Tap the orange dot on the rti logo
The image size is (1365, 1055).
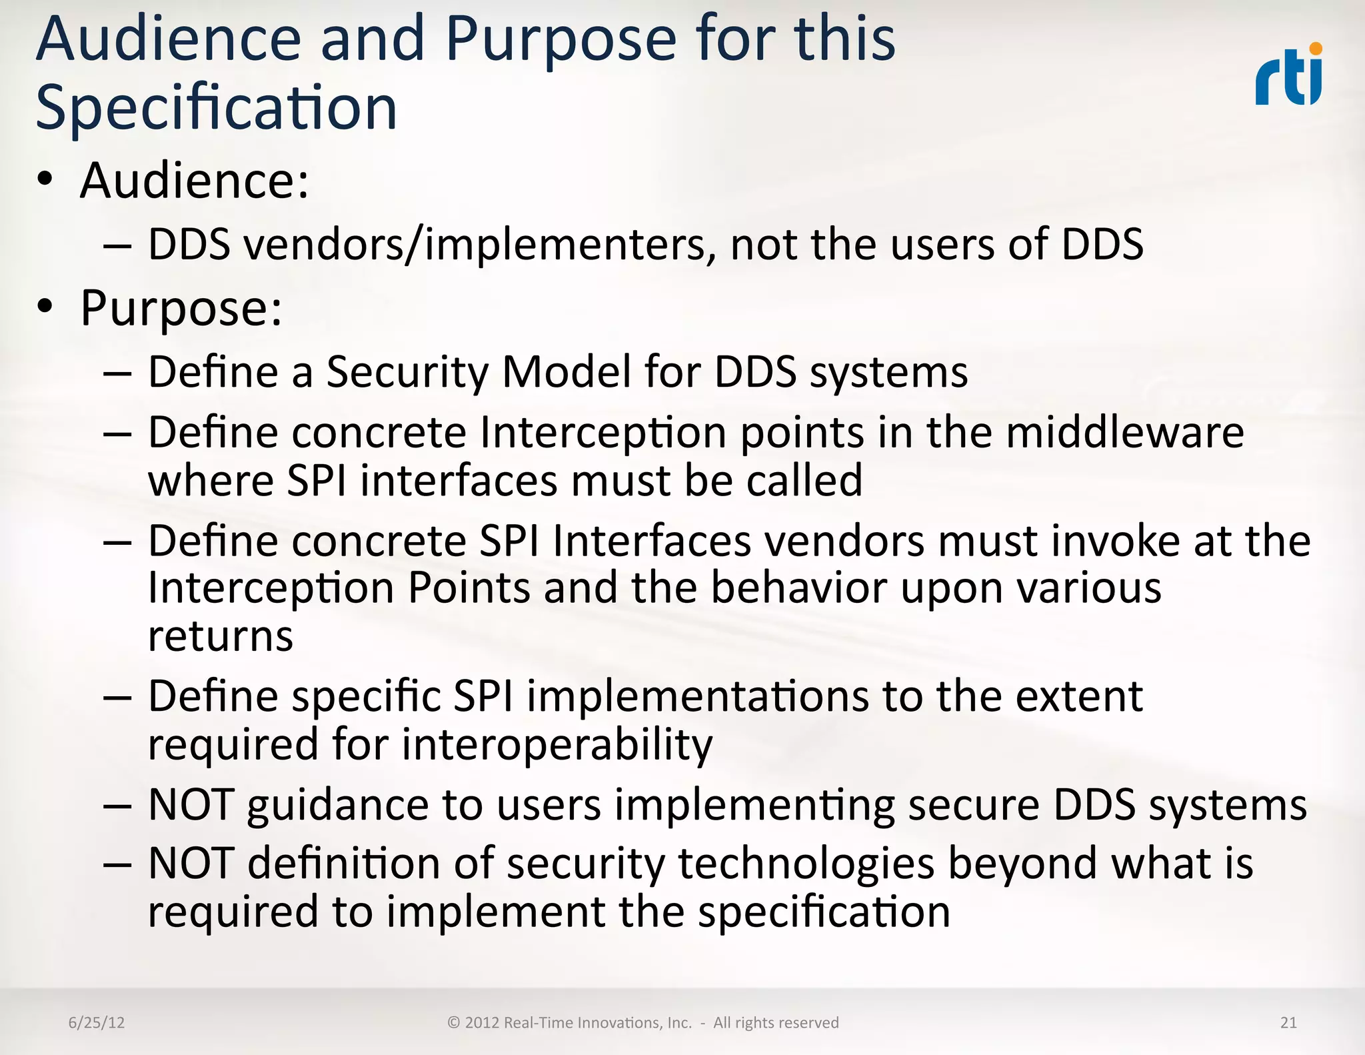(1315, 49)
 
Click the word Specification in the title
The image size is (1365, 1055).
(217, 108)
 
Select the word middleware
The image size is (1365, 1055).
(1124, 433)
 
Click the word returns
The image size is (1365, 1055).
(220, 636)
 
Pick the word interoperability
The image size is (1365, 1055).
(557, 745)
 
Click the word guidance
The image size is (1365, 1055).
(337, 806)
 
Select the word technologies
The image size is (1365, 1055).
(806, 864)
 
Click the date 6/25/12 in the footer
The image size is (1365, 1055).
(97, 1022)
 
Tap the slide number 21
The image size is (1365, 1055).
(1288, 1022)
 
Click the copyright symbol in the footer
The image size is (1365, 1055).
(454, 1022)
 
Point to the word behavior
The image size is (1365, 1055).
(798, 588)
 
